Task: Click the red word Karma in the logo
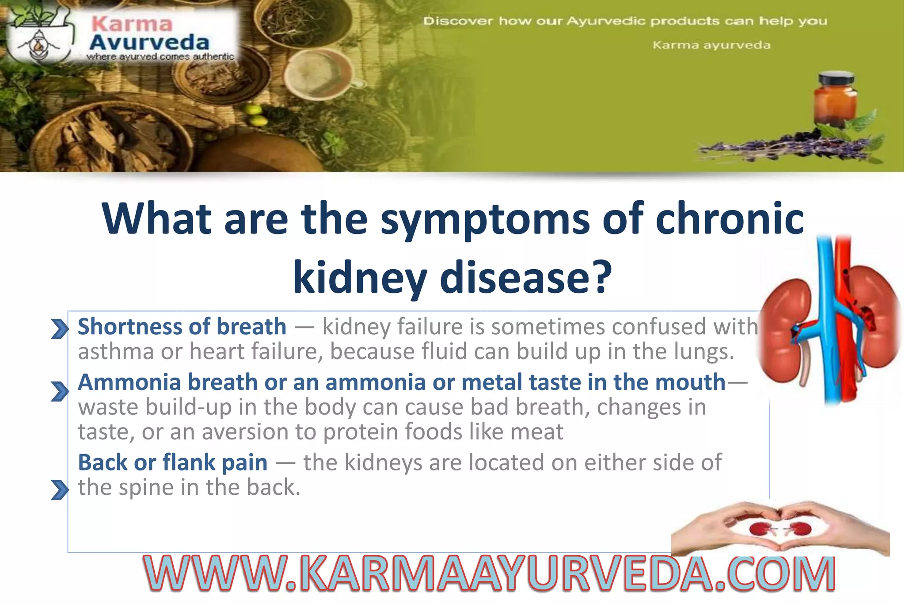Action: tap(132, 24)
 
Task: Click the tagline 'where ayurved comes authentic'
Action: tap(160, 57)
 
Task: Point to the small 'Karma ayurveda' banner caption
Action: tap(711, 45)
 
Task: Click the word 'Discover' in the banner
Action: tap(457, 21)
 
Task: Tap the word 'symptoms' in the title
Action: tap(485, 218)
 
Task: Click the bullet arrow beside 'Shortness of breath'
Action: tap(60, 329)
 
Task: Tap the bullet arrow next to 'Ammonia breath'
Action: tap(60, 391)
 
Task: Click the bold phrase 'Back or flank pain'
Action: tap(173, 463)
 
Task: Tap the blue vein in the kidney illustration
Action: tap(823, 318)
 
